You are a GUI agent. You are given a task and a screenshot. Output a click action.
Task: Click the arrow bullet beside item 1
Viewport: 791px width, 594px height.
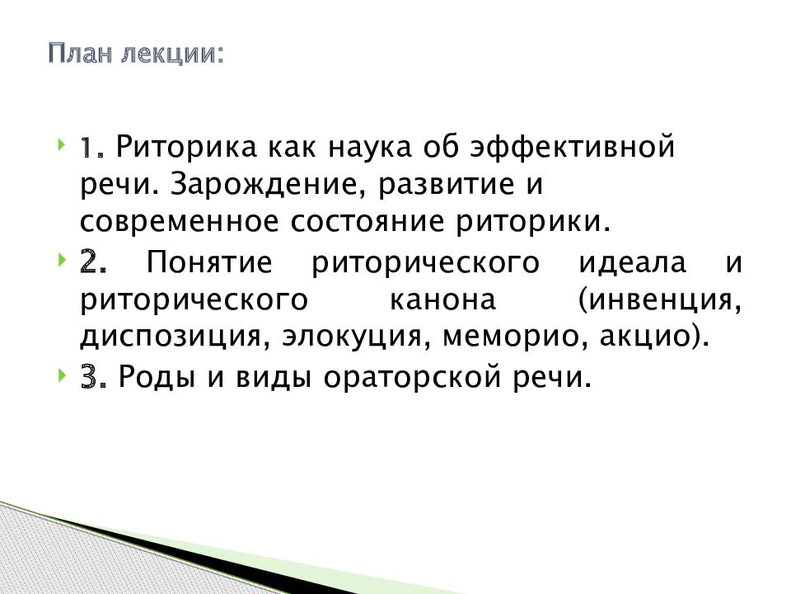(x=63, y=147)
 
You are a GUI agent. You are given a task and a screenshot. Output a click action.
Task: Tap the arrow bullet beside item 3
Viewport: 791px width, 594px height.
(x=63, y=377)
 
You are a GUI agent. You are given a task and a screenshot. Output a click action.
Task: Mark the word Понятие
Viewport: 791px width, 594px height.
(x=208, y=265)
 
